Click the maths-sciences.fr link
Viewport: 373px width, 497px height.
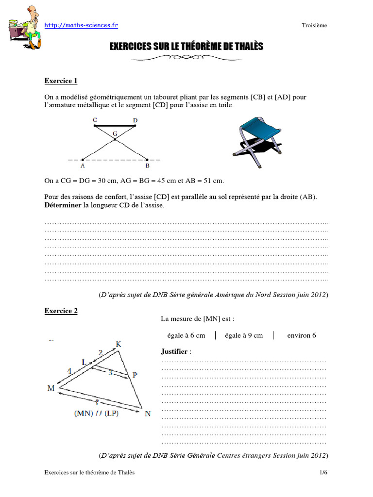click(x=81, y=25)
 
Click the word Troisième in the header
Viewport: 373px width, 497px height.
click(x=314, y=26)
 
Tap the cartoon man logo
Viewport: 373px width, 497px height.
click(x=24, y=27)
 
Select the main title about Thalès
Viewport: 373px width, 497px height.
click(x=186, y=47)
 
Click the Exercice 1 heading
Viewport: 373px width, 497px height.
click(x=61, y=81)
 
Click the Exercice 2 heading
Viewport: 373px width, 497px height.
click(x=61, y=311)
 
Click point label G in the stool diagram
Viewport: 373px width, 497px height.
click(x=115, y=133)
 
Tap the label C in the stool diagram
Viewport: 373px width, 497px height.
click(x=94, y=119)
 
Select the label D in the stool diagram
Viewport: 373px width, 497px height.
click(x=135, y=119)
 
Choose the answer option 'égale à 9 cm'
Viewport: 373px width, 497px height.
click(x=244, y=335)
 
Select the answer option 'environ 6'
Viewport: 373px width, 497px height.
click(x=302, y=335)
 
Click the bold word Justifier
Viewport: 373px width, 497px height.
click(x=173, y=351)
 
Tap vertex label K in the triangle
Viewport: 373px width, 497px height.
click(x=118, y=345)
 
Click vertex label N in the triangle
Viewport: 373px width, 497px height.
click(x=147, y=414)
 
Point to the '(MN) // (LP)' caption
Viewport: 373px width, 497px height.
click(x=96, y=414)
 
